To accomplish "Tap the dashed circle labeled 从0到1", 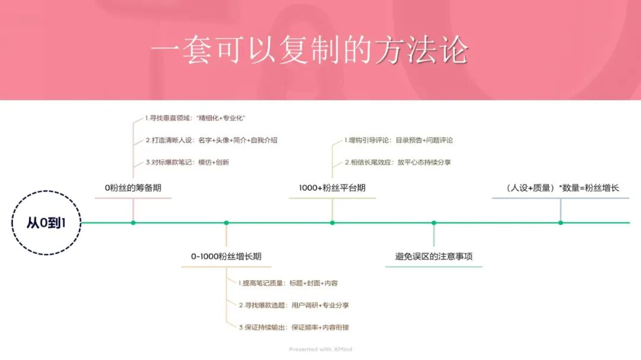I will coord(46,223).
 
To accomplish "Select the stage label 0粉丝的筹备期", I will coord(133,188).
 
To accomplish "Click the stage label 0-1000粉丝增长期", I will coord(226,257).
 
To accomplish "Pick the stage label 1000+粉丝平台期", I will coord(332,188).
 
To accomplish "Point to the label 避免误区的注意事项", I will coord(434,257).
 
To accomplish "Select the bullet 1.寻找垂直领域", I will coord(195,119).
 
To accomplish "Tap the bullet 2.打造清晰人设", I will coord(211,141).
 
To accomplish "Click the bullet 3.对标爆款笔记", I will coord(187,162).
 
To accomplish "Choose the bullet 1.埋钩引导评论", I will coord(398,141).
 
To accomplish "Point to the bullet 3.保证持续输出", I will coord(297,327).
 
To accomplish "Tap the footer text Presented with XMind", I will coord(320,349).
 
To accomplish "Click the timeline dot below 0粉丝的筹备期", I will coord(133,223).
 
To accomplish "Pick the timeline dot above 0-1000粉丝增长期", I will coord(226,223).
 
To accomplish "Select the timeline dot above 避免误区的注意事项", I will coord(434,223).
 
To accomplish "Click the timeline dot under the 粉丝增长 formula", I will coord(561,223).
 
